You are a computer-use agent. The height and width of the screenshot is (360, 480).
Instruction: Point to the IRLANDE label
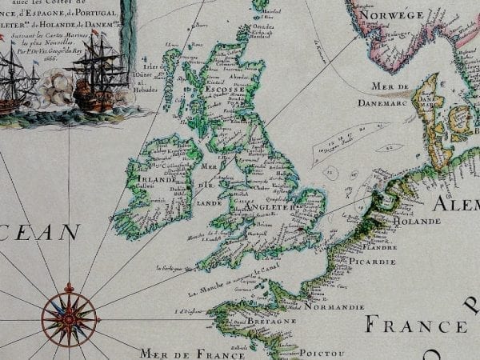[x=159, y=179]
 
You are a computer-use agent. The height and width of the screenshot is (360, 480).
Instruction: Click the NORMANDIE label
[x=334, y=306]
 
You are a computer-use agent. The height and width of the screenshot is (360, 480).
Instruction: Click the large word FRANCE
[x=416, y=326]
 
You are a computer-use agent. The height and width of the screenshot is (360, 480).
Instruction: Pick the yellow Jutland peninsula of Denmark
[x=432, y=120]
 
